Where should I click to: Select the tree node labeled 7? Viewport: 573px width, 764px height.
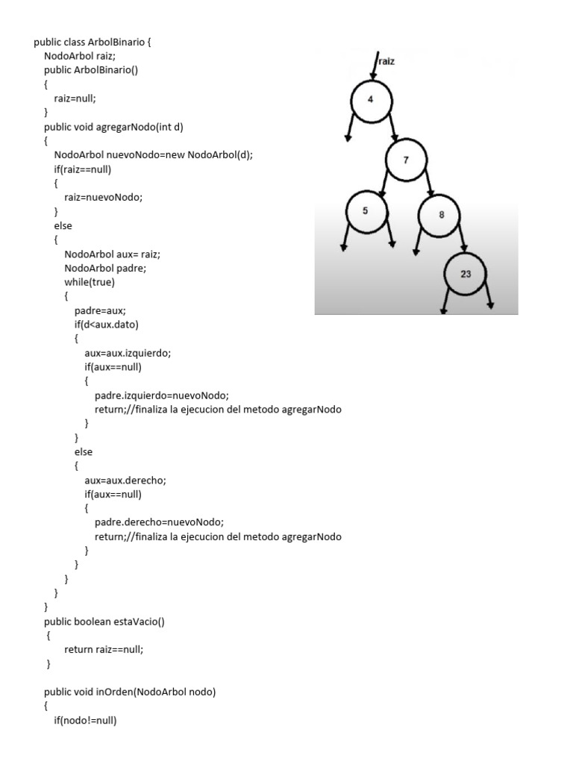click(406, 160)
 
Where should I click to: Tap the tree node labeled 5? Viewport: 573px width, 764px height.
click(365, 210)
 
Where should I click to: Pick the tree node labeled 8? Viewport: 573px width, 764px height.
click(441, 215)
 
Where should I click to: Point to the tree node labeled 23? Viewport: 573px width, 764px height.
click(466, 274)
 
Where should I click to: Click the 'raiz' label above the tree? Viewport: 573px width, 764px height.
click(386, 62)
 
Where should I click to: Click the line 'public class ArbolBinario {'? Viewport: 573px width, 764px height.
click(93, 42)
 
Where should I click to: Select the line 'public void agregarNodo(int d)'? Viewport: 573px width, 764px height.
click(113, 127)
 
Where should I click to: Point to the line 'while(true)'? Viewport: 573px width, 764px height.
click(90, 282)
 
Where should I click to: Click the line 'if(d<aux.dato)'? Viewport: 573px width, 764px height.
click(107, 325)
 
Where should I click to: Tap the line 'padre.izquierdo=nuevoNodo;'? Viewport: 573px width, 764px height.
click(161, 395)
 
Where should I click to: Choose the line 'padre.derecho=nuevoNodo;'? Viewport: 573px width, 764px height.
click(159, 522)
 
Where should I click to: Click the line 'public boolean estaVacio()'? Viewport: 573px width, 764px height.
click(109, 621)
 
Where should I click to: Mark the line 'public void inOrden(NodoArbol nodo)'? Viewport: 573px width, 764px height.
click(130, 692)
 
